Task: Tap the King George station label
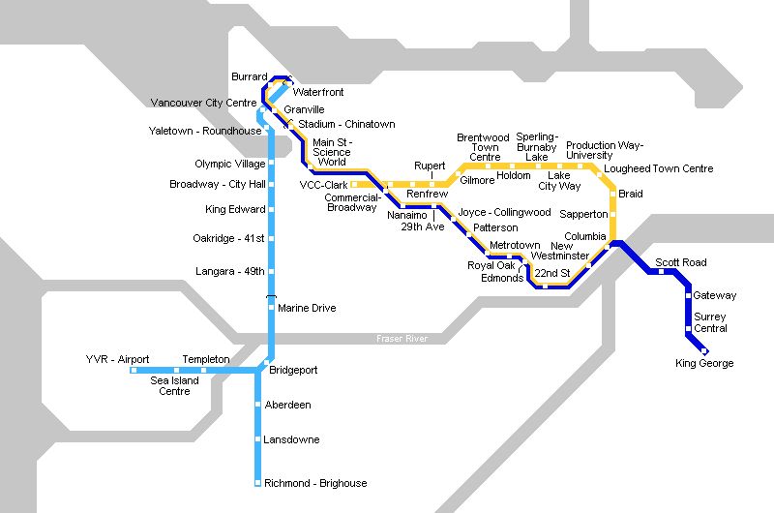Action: [704, 364]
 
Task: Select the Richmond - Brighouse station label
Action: [315, 483]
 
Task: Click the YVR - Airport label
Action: [117, 359]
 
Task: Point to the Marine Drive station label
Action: [307, 308]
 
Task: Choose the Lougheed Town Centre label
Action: [658, 168]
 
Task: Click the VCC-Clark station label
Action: [323, 184]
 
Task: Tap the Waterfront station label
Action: [318, 92]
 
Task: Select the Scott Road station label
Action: [681, 262]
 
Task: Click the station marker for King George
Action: [704, 350]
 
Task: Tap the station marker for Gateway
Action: [688, 295]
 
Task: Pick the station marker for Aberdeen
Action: [258, 405]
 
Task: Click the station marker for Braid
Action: [612, 195]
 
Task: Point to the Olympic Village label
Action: [230, 165]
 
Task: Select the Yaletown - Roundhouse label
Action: [205, 131]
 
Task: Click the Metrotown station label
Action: [515, 246]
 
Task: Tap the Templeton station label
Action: [206, 359]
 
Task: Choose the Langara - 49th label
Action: [230, 271]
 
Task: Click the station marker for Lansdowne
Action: [258, 440]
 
